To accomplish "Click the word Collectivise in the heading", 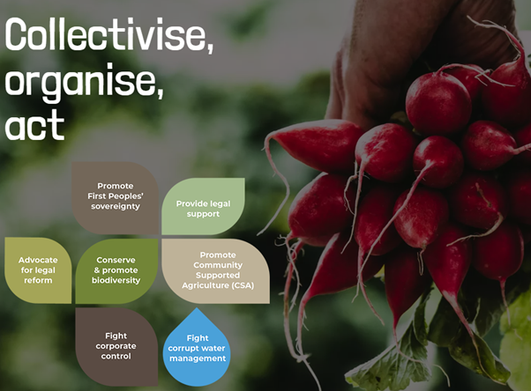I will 106,38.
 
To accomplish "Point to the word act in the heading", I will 35,126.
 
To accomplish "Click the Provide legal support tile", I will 203,207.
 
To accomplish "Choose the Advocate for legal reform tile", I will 38,269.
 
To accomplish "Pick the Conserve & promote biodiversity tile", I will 117,269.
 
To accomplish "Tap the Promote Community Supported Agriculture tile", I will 216,269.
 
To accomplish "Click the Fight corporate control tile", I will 116,345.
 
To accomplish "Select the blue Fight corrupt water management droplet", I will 198,349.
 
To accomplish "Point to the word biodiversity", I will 117,280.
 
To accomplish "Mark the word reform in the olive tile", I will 38,280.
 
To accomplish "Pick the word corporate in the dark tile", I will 116,346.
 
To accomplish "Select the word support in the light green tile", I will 203,214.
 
